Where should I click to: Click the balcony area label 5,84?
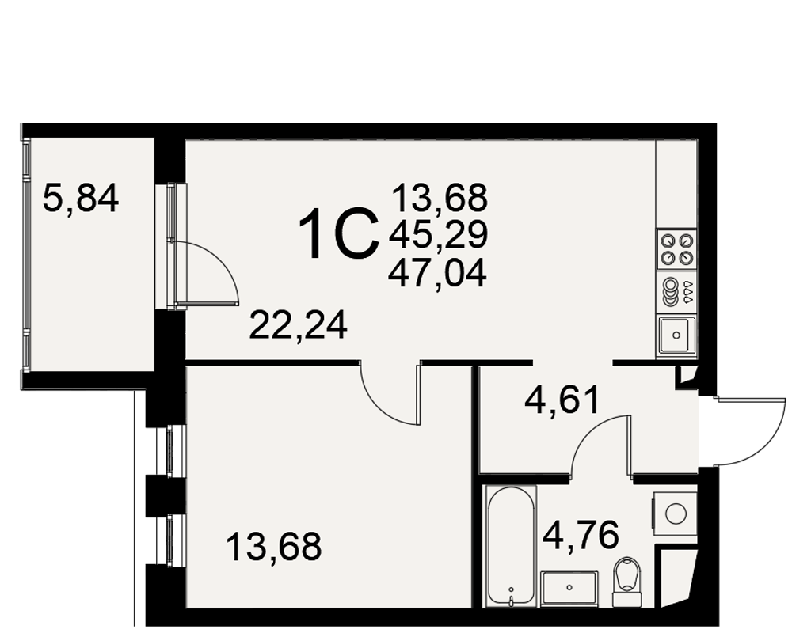[x=81, y=199]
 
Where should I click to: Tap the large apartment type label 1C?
[x=338, y=234]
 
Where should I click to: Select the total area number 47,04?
[x=437, y=273]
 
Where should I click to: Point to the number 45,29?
[x=438, y=235]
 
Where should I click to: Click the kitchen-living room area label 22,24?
[x=298, y=325]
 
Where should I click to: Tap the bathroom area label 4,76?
[x=581, y=535]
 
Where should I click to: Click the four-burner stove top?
[x=677, y=249]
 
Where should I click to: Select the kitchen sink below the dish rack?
[x=677, y=335]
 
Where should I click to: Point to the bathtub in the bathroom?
[x=511, y=546]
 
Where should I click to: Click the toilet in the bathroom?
[x=627, y=582]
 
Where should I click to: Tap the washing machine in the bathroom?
[x=675, y=514]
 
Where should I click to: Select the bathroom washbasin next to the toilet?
[x=569, y=589]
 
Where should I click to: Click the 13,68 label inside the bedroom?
[x=274, y=547]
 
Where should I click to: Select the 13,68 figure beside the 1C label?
[x=440, y=197]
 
